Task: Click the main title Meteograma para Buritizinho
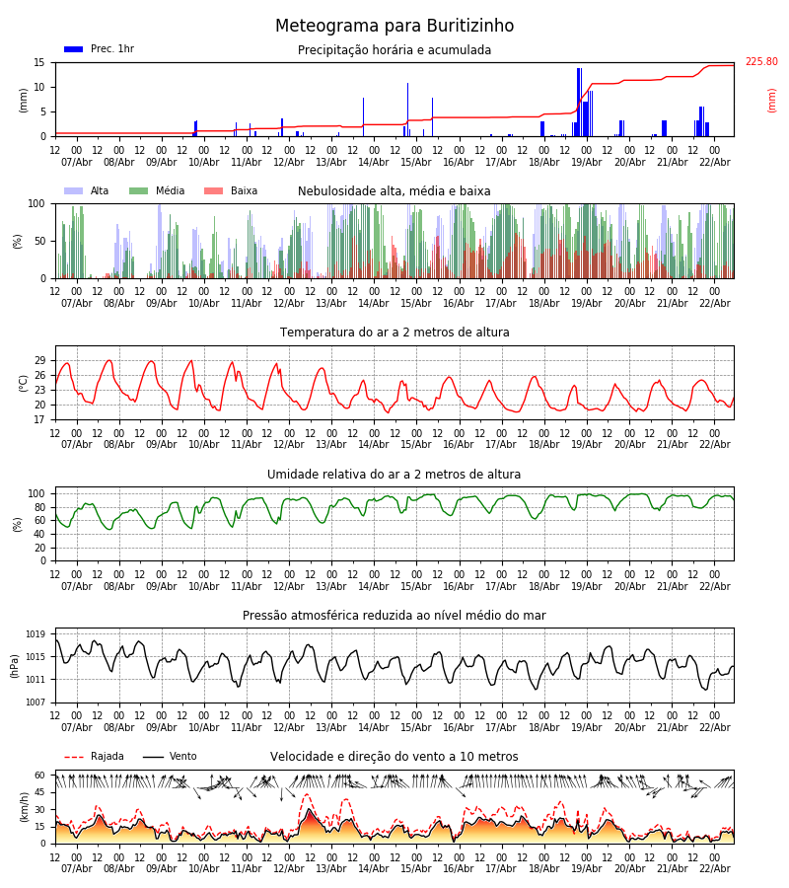click(x=394, y=27)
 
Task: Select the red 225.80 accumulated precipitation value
click(x=760, y=62)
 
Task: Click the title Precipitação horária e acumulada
click(x=394, y=50)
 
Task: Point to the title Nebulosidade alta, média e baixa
click(x=394, y=191)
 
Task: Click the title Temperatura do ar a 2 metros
click(x=394, y=333)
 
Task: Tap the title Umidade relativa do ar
click(x=394, y=475)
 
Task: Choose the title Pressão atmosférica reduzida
click(x=394, y=616)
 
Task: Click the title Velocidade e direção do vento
click(x=394, y=757)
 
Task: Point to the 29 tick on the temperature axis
click(x=40, y=360)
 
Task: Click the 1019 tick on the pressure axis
click(x=36, y=634)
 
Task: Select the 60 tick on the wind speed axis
click(x=40, y=776)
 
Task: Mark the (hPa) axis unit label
click(x=15, y=665)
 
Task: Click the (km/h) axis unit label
click(x=25, y=806)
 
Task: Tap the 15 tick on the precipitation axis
click(x=40, y=62)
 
